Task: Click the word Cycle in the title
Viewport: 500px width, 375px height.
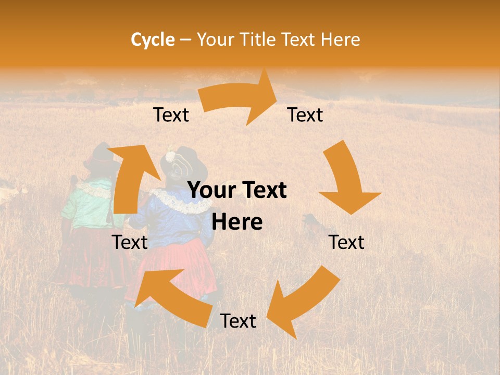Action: click(x=153, y=40)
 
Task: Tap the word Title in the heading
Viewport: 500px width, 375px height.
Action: click(x=259, y=40)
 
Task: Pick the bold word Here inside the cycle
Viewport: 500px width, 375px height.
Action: click(x=237, y=222)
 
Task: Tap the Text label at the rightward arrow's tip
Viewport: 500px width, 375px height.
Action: click(x=305, y=115)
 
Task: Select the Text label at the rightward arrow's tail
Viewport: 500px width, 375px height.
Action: click(x=171, y=115)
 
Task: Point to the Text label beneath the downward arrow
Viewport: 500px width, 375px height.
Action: click(x=346, y=243)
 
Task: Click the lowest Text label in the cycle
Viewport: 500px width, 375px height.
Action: click(x=238, y=321)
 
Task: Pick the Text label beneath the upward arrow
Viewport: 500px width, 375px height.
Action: click(x=130, y=243)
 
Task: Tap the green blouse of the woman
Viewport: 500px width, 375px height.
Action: click(x=86, y=206)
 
